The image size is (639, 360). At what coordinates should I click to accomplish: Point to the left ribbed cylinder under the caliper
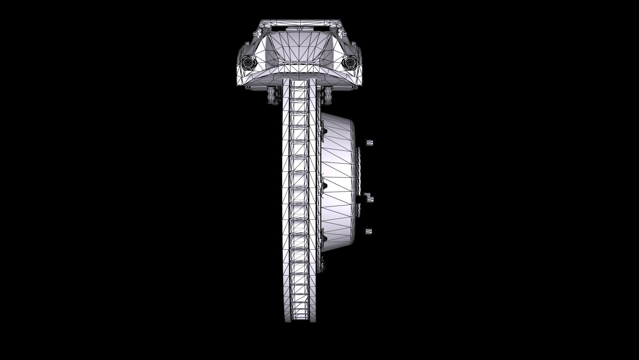pyautogui.click(x=274, y=96)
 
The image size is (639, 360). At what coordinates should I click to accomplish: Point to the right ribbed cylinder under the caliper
pyautogui.click(x=326, y=96)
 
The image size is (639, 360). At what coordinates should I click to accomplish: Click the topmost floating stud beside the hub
pyautogui.click(x=369, y=143)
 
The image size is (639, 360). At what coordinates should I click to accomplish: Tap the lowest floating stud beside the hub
pyautogui.click(x=368, y=231)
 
